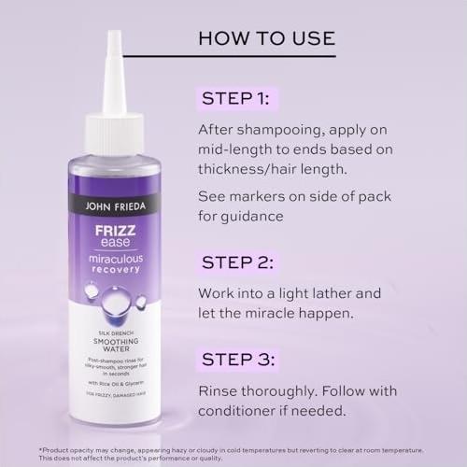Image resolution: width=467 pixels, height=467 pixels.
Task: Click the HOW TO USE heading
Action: pos(267,39)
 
